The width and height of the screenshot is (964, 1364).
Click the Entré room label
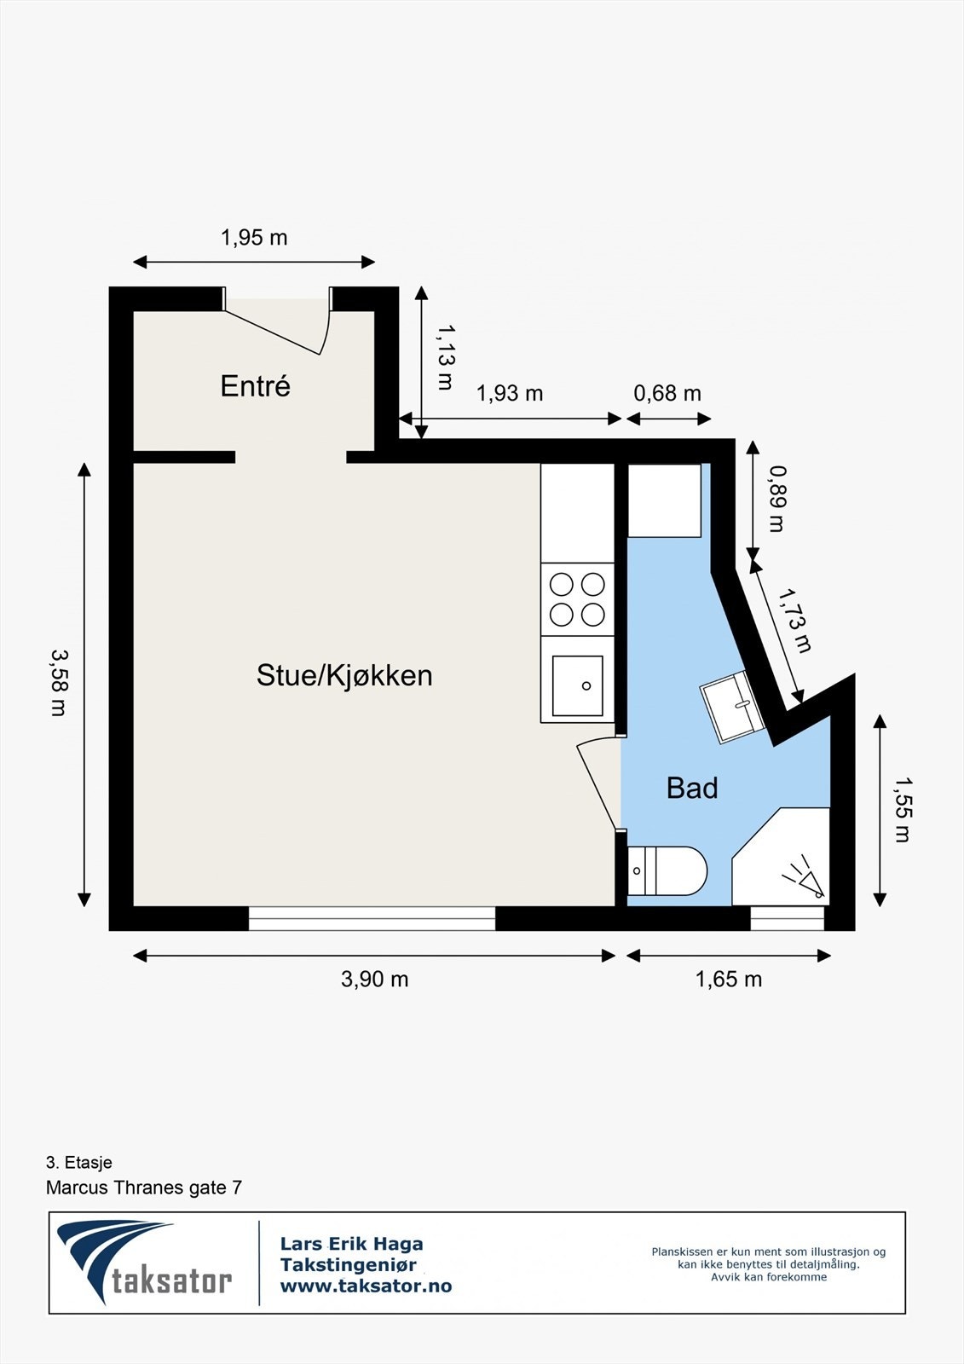coord(255,386)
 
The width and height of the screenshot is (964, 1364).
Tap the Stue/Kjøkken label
coord(344,675)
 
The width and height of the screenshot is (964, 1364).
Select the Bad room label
coord(691,788)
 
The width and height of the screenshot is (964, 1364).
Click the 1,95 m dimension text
coord(254,237)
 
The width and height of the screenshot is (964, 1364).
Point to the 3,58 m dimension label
coord(59,682)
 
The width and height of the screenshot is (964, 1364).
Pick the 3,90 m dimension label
coord(374,979)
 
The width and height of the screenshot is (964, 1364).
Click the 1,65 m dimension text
coord(728,979)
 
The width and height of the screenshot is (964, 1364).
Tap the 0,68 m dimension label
coord(667,393)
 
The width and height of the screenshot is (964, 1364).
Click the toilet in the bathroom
coord(667,870)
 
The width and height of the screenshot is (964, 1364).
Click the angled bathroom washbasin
coord(731,707)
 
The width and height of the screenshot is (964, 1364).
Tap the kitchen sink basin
coord(577,685)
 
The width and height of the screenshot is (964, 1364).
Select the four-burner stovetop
coord(577,599)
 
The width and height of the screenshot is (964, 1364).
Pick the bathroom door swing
coord(598,783)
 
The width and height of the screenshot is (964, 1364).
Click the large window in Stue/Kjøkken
coord(372,918)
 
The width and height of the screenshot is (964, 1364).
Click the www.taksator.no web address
coord(366,1286)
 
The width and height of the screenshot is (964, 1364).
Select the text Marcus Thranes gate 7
coord(144,1188)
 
